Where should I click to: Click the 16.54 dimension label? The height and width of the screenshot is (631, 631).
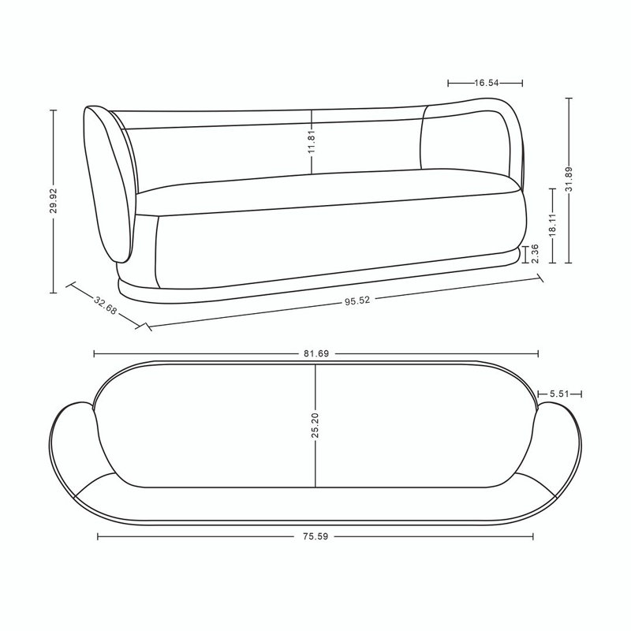[x=486, y=81]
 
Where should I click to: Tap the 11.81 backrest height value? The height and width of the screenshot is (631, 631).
[x=312, y=143]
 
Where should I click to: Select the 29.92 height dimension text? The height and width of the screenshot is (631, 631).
[x=53, y=202]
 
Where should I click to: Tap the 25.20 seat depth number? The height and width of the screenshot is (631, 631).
[x=315, y=425]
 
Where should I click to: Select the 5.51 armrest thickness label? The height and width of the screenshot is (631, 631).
[x=559, y=393]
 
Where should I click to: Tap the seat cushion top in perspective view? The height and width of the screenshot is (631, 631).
[x=331, y=188]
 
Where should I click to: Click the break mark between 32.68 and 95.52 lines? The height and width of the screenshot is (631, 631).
[x=144, y=325]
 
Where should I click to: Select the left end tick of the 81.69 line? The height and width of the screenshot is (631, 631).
[x=94, y=354]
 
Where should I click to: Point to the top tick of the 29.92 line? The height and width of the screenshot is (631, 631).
[x=53, y=110]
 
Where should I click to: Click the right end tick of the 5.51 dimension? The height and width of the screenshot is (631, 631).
[x=581, y=393]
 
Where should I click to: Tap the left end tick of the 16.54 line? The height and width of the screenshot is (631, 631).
[x=448, y=81]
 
